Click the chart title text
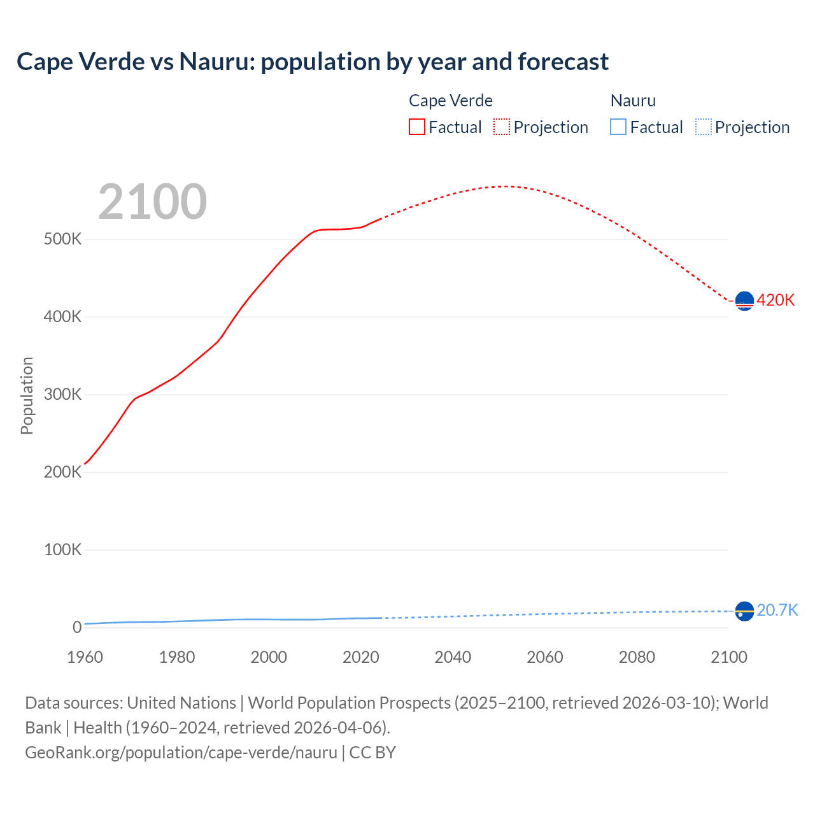point(313,62)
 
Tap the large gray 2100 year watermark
point(152,202)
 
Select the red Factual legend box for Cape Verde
point(416,127)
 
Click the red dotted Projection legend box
point(502,127)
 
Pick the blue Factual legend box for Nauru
point(618,127)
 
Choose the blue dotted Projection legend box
point(704,127)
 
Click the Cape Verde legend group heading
point(450,101)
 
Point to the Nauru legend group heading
point(633,101)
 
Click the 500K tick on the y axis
point(62,239)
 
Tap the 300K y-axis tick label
point(62,395)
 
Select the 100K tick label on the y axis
point(62,549)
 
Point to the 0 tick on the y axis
point(77,627)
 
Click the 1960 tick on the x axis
point(85,657)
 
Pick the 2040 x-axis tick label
point(453,657)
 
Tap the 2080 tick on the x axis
point(637,657)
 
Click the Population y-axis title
point(27,395)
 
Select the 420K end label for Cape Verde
point(776,300)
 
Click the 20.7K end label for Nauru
point(777,610)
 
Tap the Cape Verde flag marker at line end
point(744,301)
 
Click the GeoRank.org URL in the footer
point(181,753)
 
